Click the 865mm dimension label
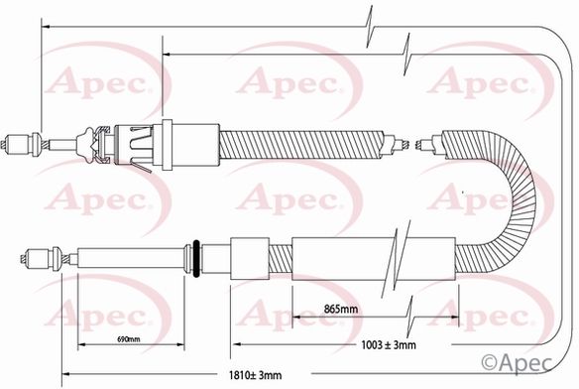pyautogui.click(x=340, y=309)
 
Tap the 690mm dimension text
pyautogui.click(x=129, y=338)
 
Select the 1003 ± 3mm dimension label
pyautogui.click(x=389, y=345)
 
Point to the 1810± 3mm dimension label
pyautogui.click(x=255, y=375)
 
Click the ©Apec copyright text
pyautogui.click(x=517, y=363)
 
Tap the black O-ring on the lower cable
pyautogui.click(x=196, y=258)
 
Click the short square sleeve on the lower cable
pyautogui.click(x=250, y=258)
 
